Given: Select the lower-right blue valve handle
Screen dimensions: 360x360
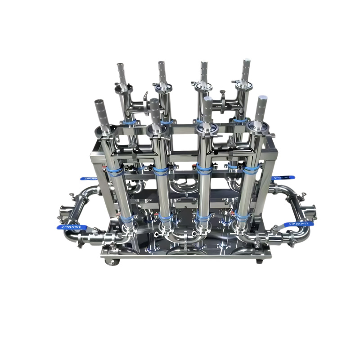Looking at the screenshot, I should coord(297,223).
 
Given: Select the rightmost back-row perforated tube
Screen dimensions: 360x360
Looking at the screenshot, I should coord(246,70).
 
